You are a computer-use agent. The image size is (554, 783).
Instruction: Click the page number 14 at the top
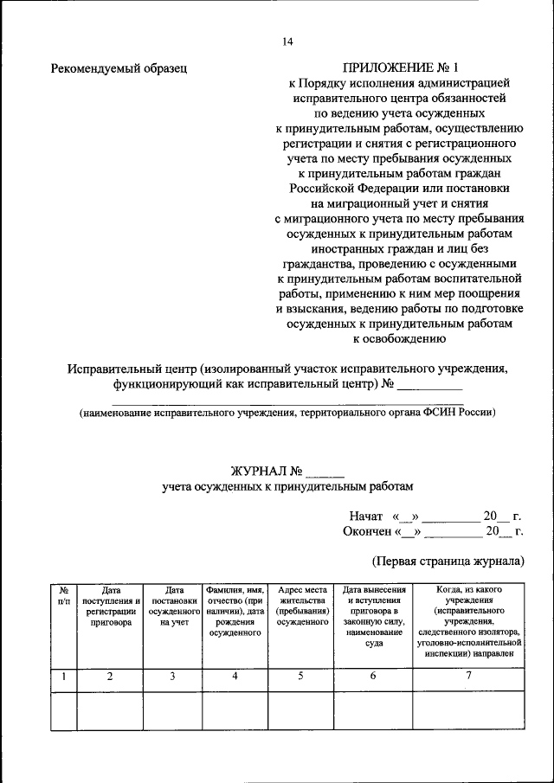click(287, 42)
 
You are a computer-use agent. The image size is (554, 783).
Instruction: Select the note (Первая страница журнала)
click(448, 561)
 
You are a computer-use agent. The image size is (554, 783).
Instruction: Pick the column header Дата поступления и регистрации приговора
click(110, 606)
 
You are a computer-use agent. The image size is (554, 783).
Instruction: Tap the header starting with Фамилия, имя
click(235, 611)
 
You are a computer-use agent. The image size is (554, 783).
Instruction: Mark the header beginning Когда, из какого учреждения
click(468, 621)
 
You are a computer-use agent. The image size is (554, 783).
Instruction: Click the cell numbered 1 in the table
click(63, 677)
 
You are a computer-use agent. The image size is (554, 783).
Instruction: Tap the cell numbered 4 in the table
click(235, 677)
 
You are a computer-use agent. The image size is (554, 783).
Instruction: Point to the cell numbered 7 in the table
click(468, 677)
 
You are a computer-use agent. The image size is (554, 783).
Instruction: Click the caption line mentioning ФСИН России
click(287, 414)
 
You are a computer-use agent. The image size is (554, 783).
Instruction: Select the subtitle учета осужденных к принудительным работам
click(287, 487)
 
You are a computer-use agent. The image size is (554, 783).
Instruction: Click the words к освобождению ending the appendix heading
click(398, 339)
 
